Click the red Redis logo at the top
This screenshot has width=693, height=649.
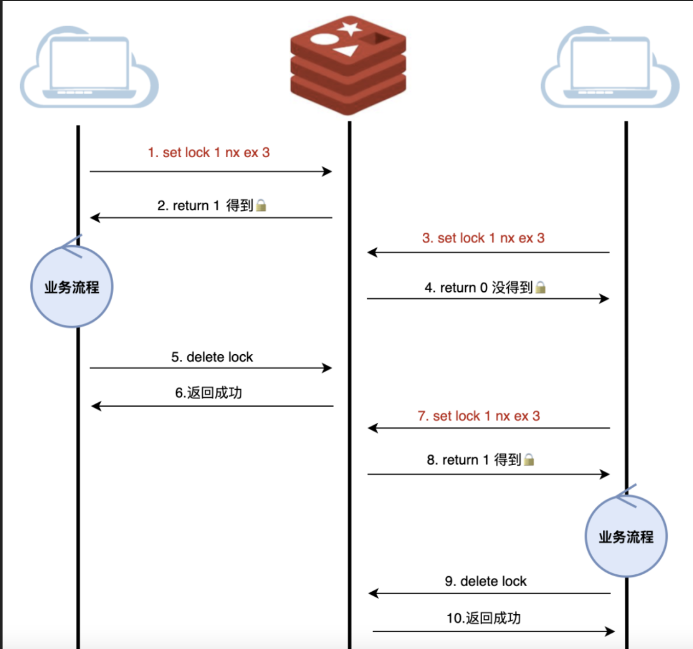coord(348,64)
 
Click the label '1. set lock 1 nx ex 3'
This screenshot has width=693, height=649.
coord(209,153)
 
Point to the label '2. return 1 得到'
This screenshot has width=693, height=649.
coord(205,206)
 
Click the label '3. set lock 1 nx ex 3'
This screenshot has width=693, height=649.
coord(483,238)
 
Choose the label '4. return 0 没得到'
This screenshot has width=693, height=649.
coord(479,288)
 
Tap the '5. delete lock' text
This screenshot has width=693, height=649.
coord(212,357)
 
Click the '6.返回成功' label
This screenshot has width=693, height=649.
coord(208,393)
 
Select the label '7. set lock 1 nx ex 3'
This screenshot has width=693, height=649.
coord(479,416)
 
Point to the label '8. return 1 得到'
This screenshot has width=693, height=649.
coord(474,460)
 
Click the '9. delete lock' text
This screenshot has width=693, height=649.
coord(486,581)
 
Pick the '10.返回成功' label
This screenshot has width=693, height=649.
coord(484,618)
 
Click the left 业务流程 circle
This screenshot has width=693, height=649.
coord(72,287)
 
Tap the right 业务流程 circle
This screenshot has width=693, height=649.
coord(626,536)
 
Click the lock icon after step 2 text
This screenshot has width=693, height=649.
coord(261,206)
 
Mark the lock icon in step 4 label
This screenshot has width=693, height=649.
coord(540,288)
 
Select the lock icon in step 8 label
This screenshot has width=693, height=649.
coord(529,460)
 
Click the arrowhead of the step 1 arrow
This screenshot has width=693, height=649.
coord(328,171)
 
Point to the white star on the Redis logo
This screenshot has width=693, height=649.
coord(350,28)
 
